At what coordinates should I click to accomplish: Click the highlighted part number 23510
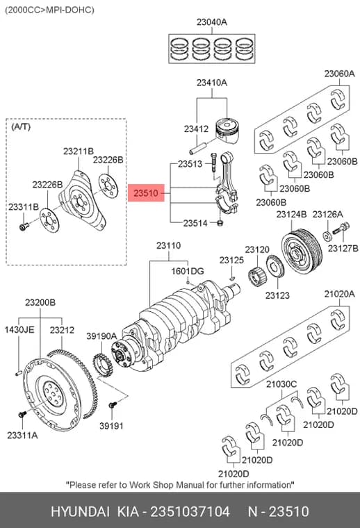pyautogui.click(x=146, y=193)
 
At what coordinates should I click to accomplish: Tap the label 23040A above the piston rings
pyautogui.click(x=212, y=22)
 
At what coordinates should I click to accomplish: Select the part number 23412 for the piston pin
pyautogui.click(x=197, y=129)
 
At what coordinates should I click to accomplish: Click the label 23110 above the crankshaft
pyautogui.click(x=168, y=246)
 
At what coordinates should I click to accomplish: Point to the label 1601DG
pyautogui.click(x=188, y=271)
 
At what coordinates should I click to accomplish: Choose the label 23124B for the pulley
pyautogui.click(x=292, y=214)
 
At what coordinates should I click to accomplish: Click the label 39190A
pyautogui.click(x=101, y=336)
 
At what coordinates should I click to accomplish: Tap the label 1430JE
pyautogui.click(x=19, y=329)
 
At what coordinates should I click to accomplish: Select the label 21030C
pyautogui.click(x=281, y=384)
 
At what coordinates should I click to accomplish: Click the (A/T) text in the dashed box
pyautogui.click(x=21, y=127)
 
